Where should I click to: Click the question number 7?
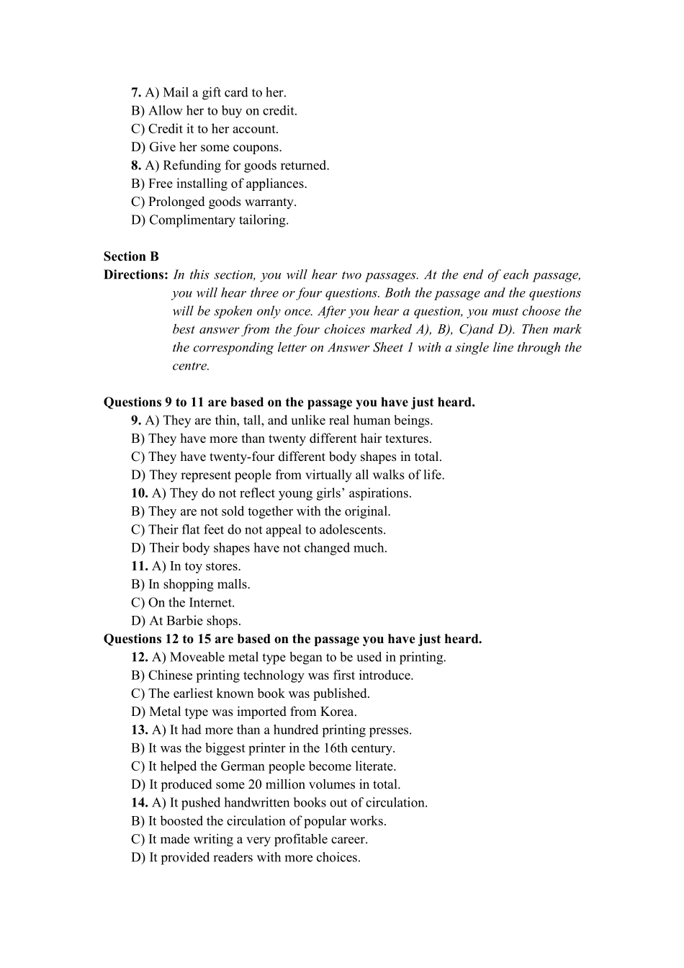point(136,93)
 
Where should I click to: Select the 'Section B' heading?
point(131,256)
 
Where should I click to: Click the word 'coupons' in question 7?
point(258,148)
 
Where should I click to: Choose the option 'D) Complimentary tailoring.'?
point(210,220)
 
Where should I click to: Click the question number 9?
point(136,421)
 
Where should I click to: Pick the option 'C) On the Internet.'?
point(183,603)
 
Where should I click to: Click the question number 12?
point(140,658)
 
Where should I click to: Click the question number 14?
point(140,803)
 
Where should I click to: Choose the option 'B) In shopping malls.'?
point(191,585)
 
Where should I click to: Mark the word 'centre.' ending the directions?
point(191,366)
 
